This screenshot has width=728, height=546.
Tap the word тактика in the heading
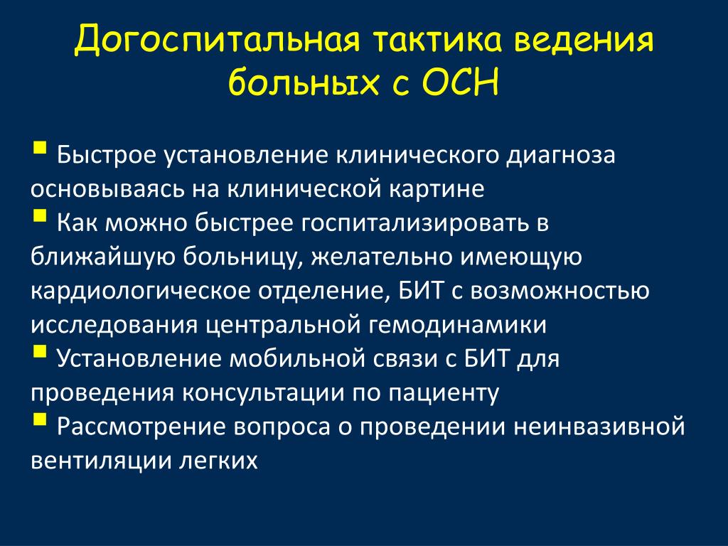click(x=437, y=39)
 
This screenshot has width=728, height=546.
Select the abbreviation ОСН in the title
click(x=460, y=82)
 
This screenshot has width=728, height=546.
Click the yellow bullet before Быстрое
click(x=41, y=148)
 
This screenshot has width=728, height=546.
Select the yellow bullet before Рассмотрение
click(x=41, y=419)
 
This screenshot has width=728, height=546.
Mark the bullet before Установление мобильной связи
click(x=41, y=351)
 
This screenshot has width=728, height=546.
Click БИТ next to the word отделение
click(x=421, y=291)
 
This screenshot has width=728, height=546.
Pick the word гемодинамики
click(x=457, y=326)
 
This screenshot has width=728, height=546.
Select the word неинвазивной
click(x=599, y=427)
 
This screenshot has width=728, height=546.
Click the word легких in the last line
click(x=219, y=461)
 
